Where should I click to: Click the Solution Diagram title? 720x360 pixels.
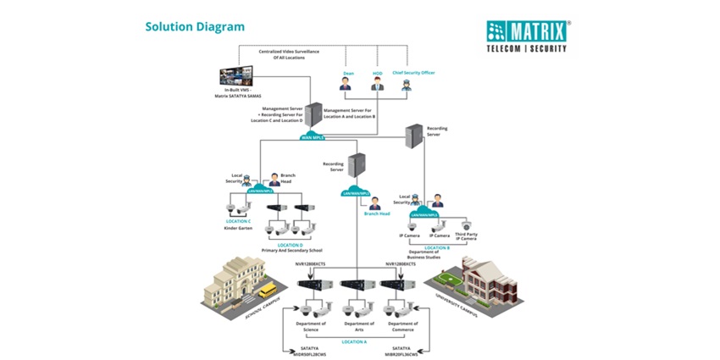(x=195, y=26)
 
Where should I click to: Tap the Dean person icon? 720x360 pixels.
(x=346, y=84)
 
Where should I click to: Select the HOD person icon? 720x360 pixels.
(x=378, y=84)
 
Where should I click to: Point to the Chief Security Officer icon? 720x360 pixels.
(x=413, y=83)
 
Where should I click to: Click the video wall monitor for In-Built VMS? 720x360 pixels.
(x=238, y=77)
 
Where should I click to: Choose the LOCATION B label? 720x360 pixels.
(x=436, y=247)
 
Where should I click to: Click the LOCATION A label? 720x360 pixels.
(x=354, y=341)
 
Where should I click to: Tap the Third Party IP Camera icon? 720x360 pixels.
(x=466, y=226)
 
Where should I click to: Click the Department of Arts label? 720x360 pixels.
(x=359, y=326)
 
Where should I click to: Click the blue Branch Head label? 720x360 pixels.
(x=377, y=214)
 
